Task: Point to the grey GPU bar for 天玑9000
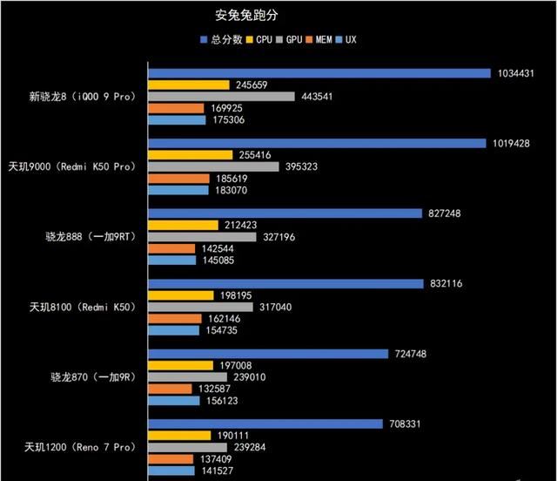(213, 166)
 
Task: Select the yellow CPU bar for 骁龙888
(184, 225)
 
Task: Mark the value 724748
(412, 354)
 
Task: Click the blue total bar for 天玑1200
(265, 424)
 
